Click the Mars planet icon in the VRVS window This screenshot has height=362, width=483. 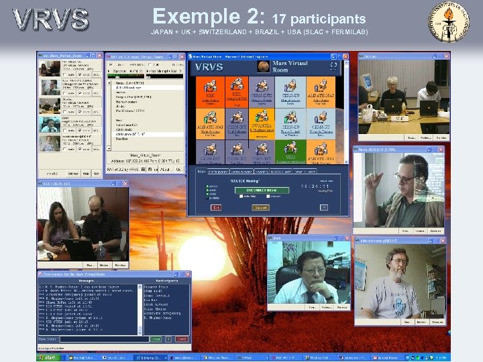pos(262,66)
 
